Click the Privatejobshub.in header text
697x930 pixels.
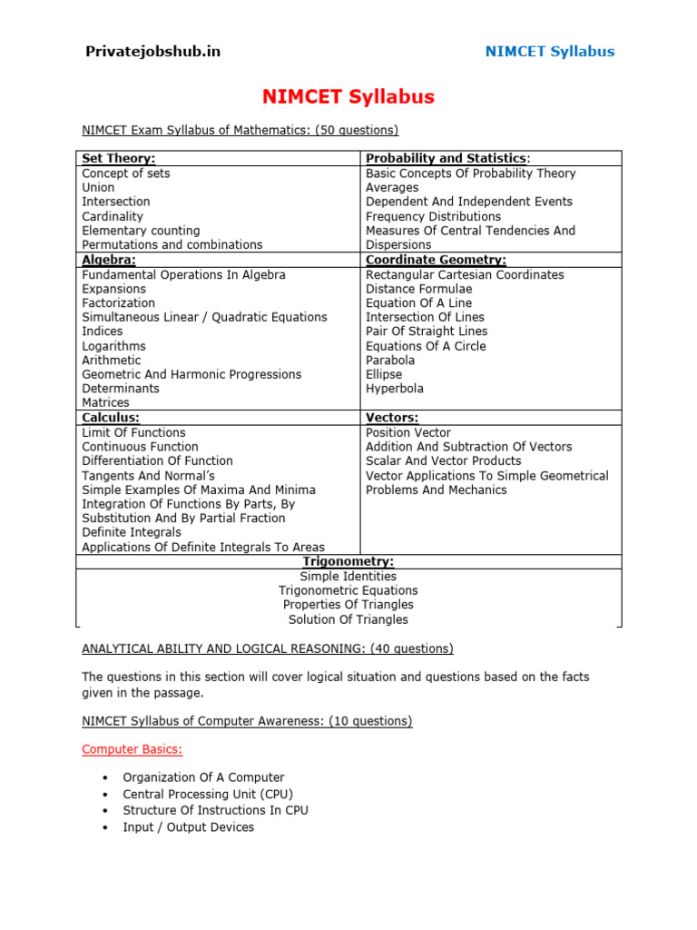(x=152, y=51)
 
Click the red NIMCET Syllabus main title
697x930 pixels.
(x=348, y=96)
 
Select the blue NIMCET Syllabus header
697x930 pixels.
(x=549, y=51)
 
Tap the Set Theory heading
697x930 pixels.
(x=119, y=159)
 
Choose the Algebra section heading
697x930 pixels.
(x=109, y=260)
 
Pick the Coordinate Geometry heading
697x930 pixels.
(x=436, y=260)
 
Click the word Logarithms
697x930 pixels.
(x=113, y=346)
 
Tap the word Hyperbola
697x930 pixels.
(x=395, y=389)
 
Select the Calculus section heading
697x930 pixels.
(x=111, y=418)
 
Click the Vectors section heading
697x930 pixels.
(x=392, y=418)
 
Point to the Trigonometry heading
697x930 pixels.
(x=348, y=562)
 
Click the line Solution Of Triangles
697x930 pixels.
(x=348, y=619)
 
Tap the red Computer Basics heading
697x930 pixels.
(x=133, y=749)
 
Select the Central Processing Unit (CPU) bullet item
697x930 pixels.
(x=208, y=794)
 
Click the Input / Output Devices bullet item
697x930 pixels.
(x=189, y=827)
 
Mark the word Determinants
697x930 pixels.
(x=121, y=389)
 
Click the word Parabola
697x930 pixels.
(x=390, y=361)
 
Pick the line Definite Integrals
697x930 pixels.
(x=132, y=532)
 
